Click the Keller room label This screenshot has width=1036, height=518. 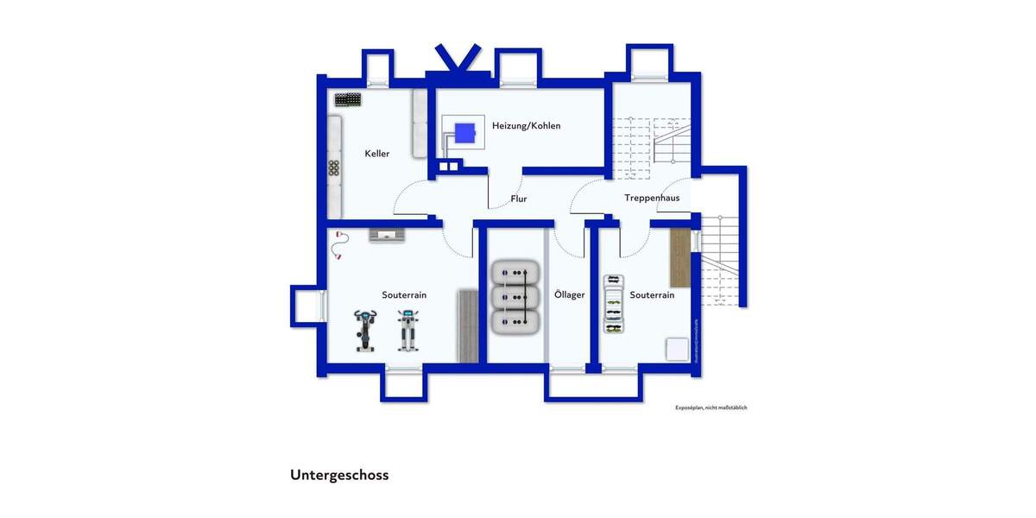pos(376,154)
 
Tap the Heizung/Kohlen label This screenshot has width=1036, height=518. pos(526,126)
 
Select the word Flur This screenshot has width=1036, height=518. pos(518,199)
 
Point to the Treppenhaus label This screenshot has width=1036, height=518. pos(652,198)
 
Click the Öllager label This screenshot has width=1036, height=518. pos(569,295)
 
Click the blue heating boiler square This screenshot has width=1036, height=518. pos(465,134)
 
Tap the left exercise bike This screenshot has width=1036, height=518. pos(365,331)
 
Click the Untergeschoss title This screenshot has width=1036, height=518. pos(339,475)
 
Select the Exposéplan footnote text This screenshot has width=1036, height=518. pos(711,407)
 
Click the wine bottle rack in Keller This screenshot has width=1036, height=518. pos(349,99)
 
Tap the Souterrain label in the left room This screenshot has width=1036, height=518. pos(404,295)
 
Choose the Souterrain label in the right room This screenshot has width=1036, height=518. pos(652,295)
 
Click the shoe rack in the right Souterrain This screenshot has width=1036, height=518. pos(613,304)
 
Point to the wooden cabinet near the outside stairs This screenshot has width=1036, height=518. pos(681,258)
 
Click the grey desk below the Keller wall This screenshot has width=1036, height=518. pos(386,235)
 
